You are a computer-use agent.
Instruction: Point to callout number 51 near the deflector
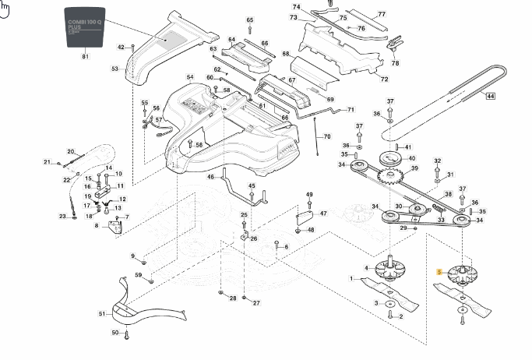[x=101, y=314]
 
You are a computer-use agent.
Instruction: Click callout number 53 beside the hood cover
[x=115, y=69]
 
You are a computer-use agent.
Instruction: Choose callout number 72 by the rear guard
[x=384, y=79]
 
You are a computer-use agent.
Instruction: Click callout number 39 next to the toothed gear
[x=414, y=168]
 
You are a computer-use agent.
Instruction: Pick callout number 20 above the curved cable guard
[x=70, y=151]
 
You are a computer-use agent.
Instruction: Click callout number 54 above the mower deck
[x=190, y=77]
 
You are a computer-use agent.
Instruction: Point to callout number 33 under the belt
[x=441, y=221]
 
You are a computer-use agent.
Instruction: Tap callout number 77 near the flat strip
[x=382, y=15]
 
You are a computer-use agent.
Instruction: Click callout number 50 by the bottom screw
[x=115, y=333]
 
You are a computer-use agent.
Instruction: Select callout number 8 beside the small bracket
[x=97, y=226]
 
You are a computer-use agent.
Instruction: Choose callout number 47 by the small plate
[x=323, y=213]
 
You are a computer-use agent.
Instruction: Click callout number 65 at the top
[x=250, y=19]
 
